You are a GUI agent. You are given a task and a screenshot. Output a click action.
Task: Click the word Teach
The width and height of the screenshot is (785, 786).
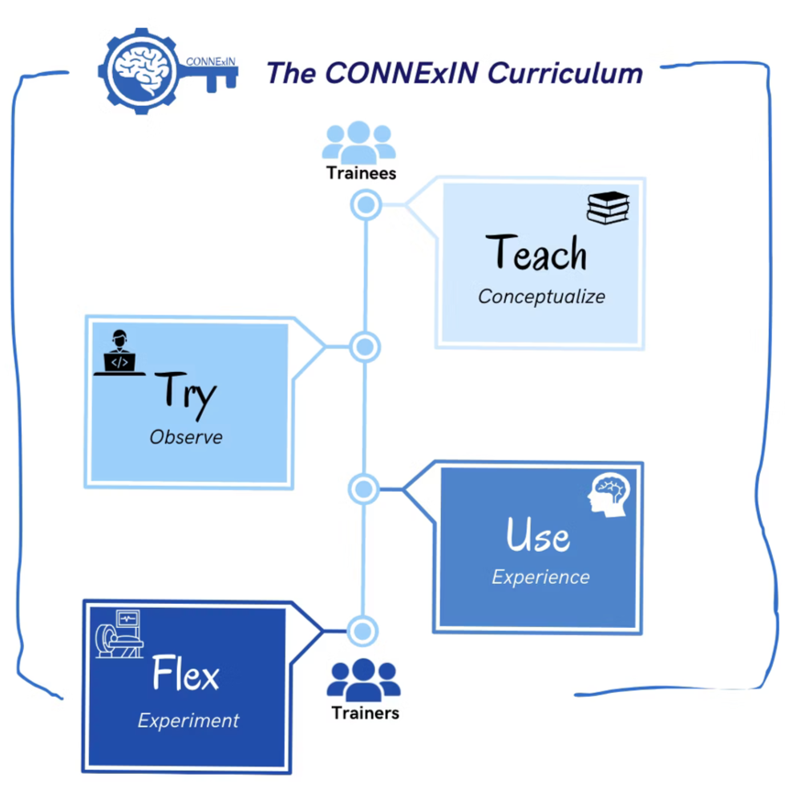point(536,253)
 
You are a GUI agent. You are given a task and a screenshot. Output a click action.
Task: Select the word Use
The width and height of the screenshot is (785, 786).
point(538,534)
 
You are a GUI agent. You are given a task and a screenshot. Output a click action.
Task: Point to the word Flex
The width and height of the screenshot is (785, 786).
point(186,675)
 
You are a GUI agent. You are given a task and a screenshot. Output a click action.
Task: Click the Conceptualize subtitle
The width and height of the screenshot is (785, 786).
point(541,296)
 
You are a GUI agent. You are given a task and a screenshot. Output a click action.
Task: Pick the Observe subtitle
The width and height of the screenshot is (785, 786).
point(186,437)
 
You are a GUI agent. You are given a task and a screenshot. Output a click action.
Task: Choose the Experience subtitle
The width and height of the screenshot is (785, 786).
point(540,577)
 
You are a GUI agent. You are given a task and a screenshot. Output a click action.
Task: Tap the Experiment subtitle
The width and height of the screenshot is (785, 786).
point(188,719)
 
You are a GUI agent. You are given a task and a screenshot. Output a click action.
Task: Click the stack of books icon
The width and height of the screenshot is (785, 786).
point(608,207)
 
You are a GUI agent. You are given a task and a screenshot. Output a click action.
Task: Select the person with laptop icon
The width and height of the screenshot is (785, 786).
point(119,353)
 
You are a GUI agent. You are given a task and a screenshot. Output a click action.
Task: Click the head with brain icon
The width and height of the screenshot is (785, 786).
point(609,494)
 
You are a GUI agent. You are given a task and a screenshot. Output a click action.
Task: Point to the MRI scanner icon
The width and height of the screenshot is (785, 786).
point(119,634)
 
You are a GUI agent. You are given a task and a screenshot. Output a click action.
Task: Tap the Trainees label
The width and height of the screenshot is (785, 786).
point(361,172)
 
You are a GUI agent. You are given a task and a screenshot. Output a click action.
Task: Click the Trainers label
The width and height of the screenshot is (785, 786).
point(366,712)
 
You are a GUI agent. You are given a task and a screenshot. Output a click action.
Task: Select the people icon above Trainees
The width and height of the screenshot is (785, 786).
point(358,142)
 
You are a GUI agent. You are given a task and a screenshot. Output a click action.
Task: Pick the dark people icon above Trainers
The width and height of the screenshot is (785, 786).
point(363,678)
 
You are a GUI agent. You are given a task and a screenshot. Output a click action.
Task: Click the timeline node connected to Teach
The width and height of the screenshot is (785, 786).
point(366,205)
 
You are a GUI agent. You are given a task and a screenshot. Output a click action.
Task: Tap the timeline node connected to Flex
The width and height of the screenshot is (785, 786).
point(362,630)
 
